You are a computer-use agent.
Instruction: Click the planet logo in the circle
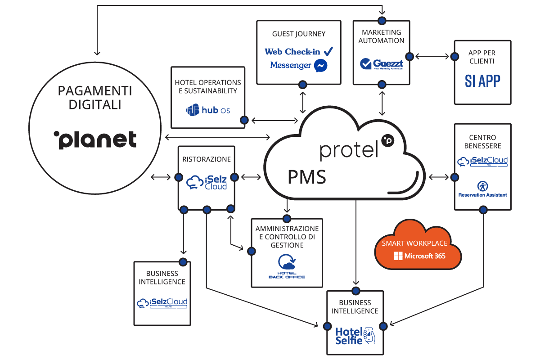click(95, 139)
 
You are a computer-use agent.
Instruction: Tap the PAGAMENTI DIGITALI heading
click(95, 98)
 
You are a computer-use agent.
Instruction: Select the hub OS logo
click(208, 110)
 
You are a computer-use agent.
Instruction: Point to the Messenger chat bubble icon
click(321, 66)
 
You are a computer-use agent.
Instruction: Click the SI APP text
click(482, 81)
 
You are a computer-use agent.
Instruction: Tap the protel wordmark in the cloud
click(349, 150)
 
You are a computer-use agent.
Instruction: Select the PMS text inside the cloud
click(307, 177)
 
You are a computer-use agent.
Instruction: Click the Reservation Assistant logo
click(482, 189)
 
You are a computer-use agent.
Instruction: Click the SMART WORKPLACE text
click(414, 243)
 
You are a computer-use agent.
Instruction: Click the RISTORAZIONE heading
click(207, 159)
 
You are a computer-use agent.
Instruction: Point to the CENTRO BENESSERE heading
click(482, 141)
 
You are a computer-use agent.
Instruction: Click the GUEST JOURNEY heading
click(299, 34)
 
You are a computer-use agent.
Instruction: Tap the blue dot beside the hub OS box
click(244, 120)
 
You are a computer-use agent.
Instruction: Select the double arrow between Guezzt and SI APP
click(432, 57)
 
